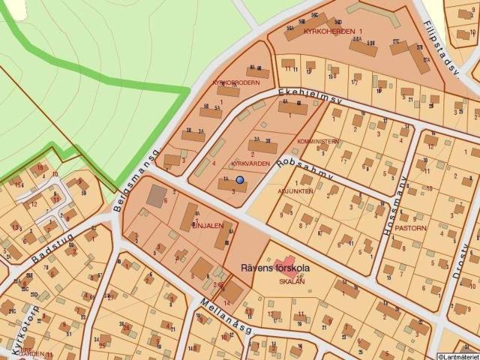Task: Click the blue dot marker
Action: (240, 180)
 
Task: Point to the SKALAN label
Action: (292, 281)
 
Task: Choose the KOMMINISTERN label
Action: (318, 141)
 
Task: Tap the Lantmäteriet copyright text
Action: (457, 355)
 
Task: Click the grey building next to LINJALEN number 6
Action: (157, 196)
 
